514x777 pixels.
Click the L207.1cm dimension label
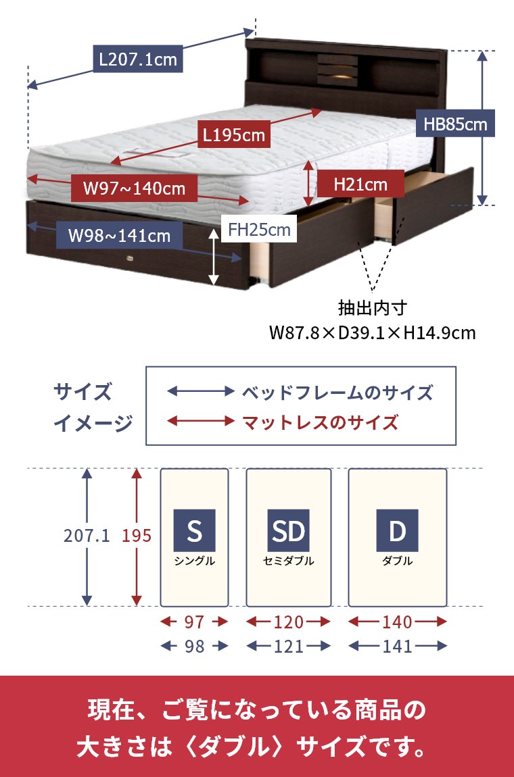(x=138, y=59)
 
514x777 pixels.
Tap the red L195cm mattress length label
(x=234, y=135)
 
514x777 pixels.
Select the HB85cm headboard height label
(x=454, y=124)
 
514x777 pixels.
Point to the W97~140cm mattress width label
(x=134, y=187)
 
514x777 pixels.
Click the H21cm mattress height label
(x=360, y=183)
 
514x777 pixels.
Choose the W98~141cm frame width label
(x=120, y=236)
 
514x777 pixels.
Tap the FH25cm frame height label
(x=259, y=230)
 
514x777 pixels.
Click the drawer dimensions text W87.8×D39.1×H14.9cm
(x=372, y=333)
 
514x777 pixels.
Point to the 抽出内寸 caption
(x=373, y=309)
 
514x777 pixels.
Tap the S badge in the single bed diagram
(x=194, y=530)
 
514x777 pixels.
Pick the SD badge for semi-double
(x=289, y=530)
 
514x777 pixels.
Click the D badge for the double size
(x=398, y=530)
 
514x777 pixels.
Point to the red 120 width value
(x=289, y=622)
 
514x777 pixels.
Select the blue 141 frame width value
(x=398, y=647)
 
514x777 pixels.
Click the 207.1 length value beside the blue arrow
(x=87, y=536)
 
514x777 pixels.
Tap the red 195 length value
(x=137, y=536)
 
